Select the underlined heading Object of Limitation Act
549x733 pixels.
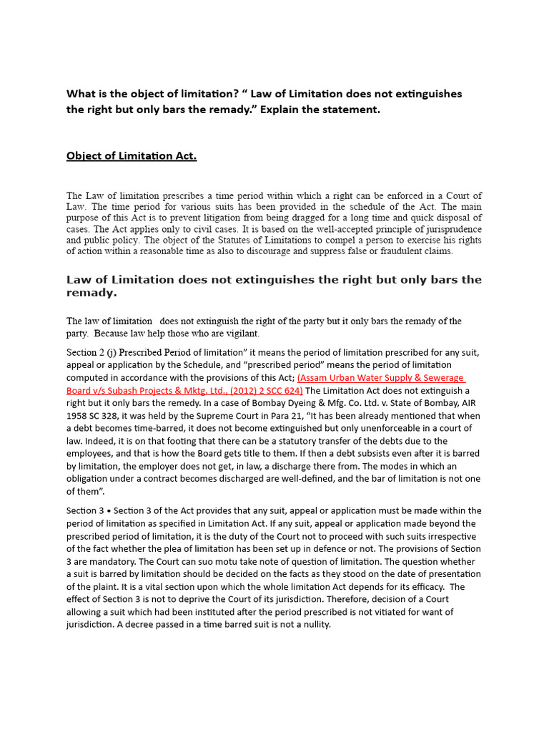point(132,155)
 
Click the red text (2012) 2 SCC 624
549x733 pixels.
point(266,390)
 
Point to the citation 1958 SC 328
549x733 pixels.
point(94,416)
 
